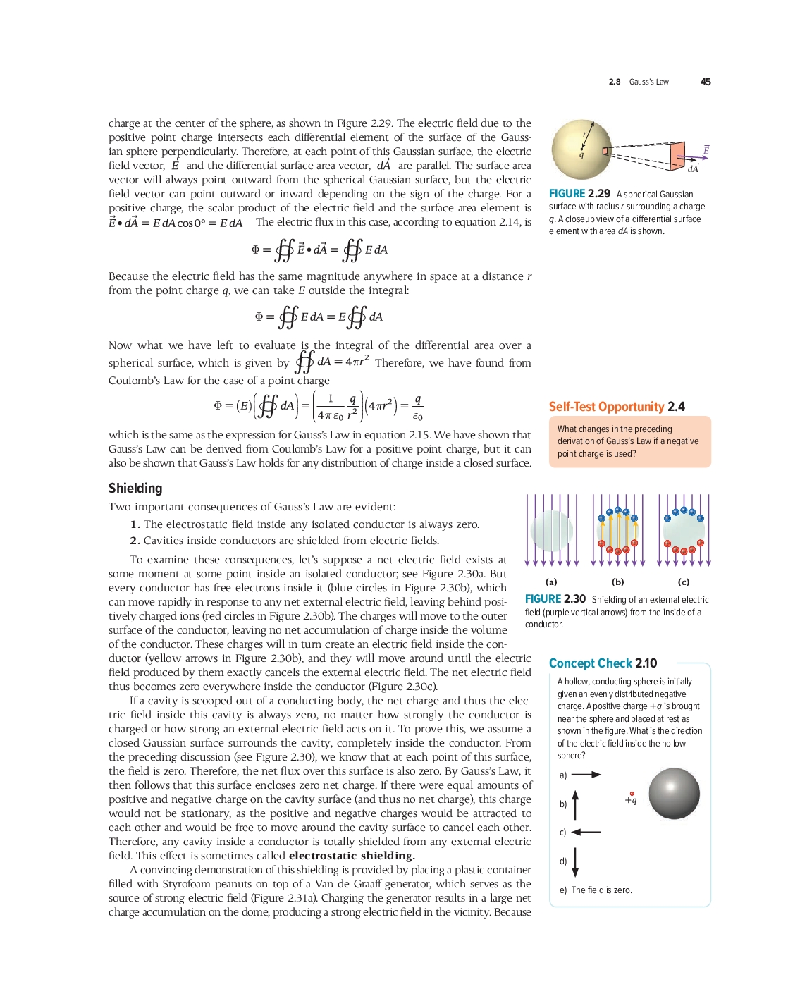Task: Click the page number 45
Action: tap(705, 82)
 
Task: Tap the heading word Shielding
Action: tap(135, 488)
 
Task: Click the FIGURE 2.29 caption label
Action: tap(579, 194)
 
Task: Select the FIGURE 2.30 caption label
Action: tap(555, 599)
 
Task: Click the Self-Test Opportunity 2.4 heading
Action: tap(617, 407)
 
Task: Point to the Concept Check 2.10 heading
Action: tap(603, 663)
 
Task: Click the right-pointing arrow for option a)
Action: tap(586, 775)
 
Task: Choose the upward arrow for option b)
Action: tap(575, 804)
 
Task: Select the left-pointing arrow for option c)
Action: tap(586, 833)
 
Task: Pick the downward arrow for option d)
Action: tap(575, 861)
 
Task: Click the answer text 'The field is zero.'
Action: tap(601, 890)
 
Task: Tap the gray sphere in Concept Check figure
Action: tap(674, 794)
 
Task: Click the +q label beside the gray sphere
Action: tap(631, 800)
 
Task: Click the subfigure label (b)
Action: tap(617, 582)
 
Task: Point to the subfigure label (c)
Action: tap(684, 582)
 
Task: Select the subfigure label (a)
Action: tap(551, 582)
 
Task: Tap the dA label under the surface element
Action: tap(693, 169)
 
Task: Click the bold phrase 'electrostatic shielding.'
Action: tap(352, 856)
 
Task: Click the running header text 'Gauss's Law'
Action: tap(648, 82)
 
